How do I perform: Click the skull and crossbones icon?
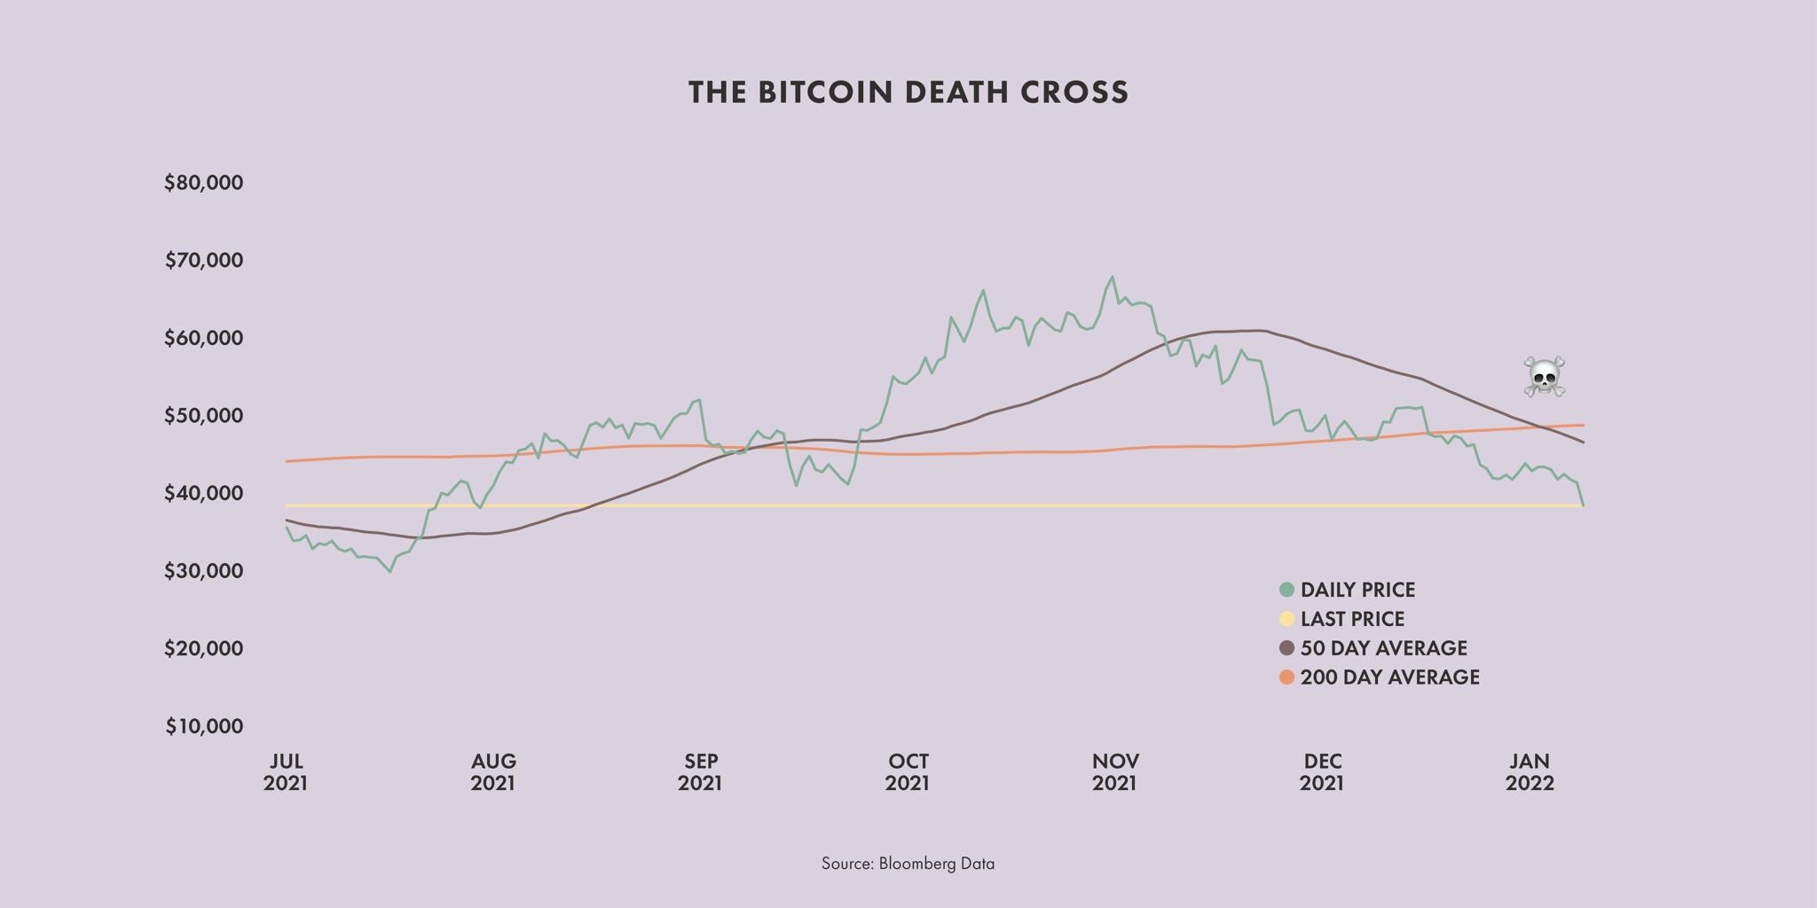pyautogui.click(x=1544, y=377)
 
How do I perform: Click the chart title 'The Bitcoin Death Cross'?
pyautogui.click(x=908, y=92)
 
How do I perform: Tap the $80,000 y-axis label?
pyautogui.click(x=204, y=184)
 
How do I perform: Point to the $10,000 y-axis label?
pyautogui.click(x=204, y=727)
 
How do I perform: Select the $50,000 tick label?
pyautogui.click(x=204, y=416)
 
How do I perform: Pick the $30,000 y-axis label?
pyautogui.click(x=204, y=571)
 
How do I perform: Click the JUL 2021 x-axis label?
pyautogui.click(x=286, y=772)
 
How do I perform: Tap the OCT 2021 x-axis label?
pyautogui.click(x=908, y=772)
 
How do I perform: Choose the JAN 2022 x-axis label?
pyautogui.click(x=1530, y=772)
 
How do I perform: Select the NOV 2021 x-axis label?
pyautogui.click(x=1114, y=772)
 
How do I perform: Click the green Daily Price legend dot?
pyautogui.click(x=1286, y=590)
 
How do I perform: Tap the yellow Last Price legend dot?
pyautogui.click(x=1286, y=619)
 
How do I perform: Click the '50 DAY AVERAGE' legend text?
pyautogui.click(x=1383, y=648)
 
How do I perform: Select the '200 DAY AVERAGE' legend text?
pyautogui.click(x=1389, y=677)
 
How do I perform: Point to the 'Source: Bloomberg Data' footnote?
pyautogui.click(x=908, y=864)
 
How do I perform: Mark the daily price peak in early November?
pyautogui.click(x=1113, y=277)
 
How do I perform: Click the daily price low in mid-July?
pyautogui.click(x=389, y=572)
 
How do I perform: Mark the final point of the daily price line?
pyautogui.click(x=1584, y=505)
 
